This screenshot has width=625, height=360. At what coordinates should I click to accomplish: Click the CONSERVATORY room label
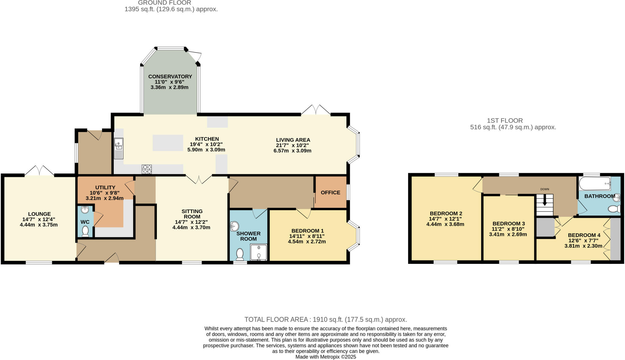(170, 76)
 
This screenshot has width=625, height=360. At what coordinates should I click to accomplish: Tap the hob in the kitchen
(146, 169)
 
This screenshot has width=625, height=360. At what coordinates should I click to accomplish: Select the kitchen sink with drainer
(118, 148)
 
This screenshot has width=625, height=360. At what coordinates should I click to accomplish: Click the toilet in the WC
(85, 231)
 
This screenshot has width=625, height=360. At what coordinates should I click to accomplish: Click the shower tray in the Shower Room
(258, 252)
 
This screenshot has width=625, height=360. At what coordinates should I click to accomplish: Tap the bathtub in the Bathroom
(594, 184)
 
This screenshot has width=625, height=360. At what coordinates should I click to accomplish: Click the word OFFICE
(331, 192)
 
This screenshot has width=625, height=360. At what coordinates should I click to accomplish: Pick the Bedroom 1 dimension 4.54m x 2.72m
(307, 242)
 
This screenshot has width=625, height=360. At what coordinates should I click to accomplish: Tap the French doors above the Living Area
(316, 110)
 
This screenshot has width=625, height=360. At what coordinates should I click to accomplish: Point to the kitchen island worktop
(168, 143)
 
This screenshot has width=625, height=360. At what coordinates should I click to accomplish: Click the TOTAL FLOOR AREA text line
(326, 320)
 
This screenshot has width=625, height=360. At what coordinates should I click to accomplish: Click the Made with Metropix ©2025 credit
(326, 357)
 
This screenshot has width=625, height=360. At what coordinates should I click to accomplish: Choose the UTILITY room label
(105, 187)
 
